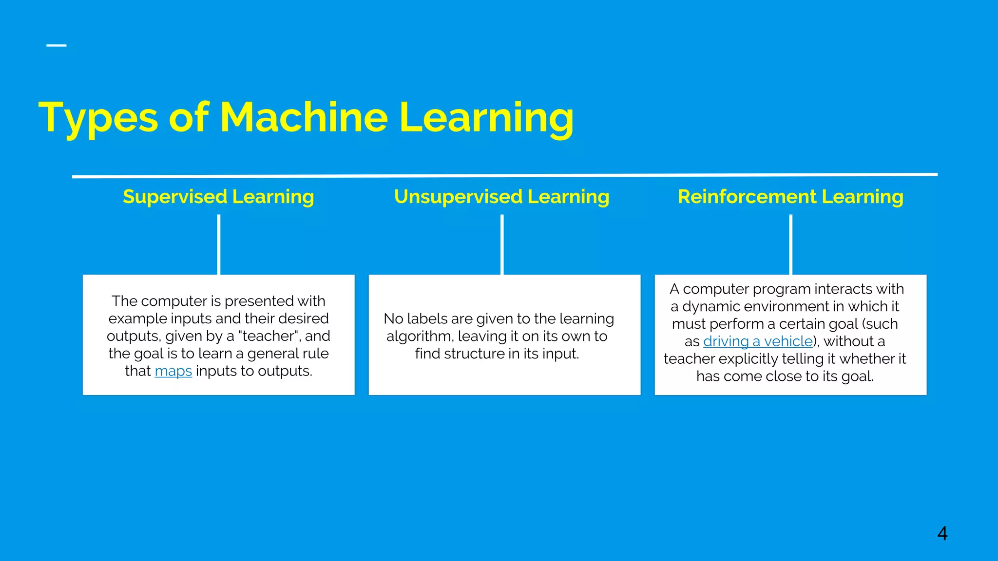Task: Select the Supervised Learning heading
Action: click(x=218, y=197)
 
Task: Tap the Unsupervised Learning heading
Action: click(x=501, y=197)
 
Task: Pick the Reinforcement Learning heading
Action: click(x=790, y=197)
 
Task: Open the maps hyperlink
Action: click(x=173, y=371)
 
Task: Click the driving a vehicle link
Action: click(x=758, y=341)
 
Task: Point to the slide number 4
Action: click(x=942, y=534)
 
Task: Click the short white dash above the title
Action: click(x=57, y=45)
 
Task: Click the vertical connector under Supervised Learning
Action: click(x=219, y=244)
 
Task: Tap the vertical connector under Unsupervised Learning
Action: click(x=502, y=244)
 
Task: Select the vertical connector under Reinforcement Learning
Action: click(x=790, y=244)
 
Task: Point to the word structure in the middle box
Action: click(x=473, y=354)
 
